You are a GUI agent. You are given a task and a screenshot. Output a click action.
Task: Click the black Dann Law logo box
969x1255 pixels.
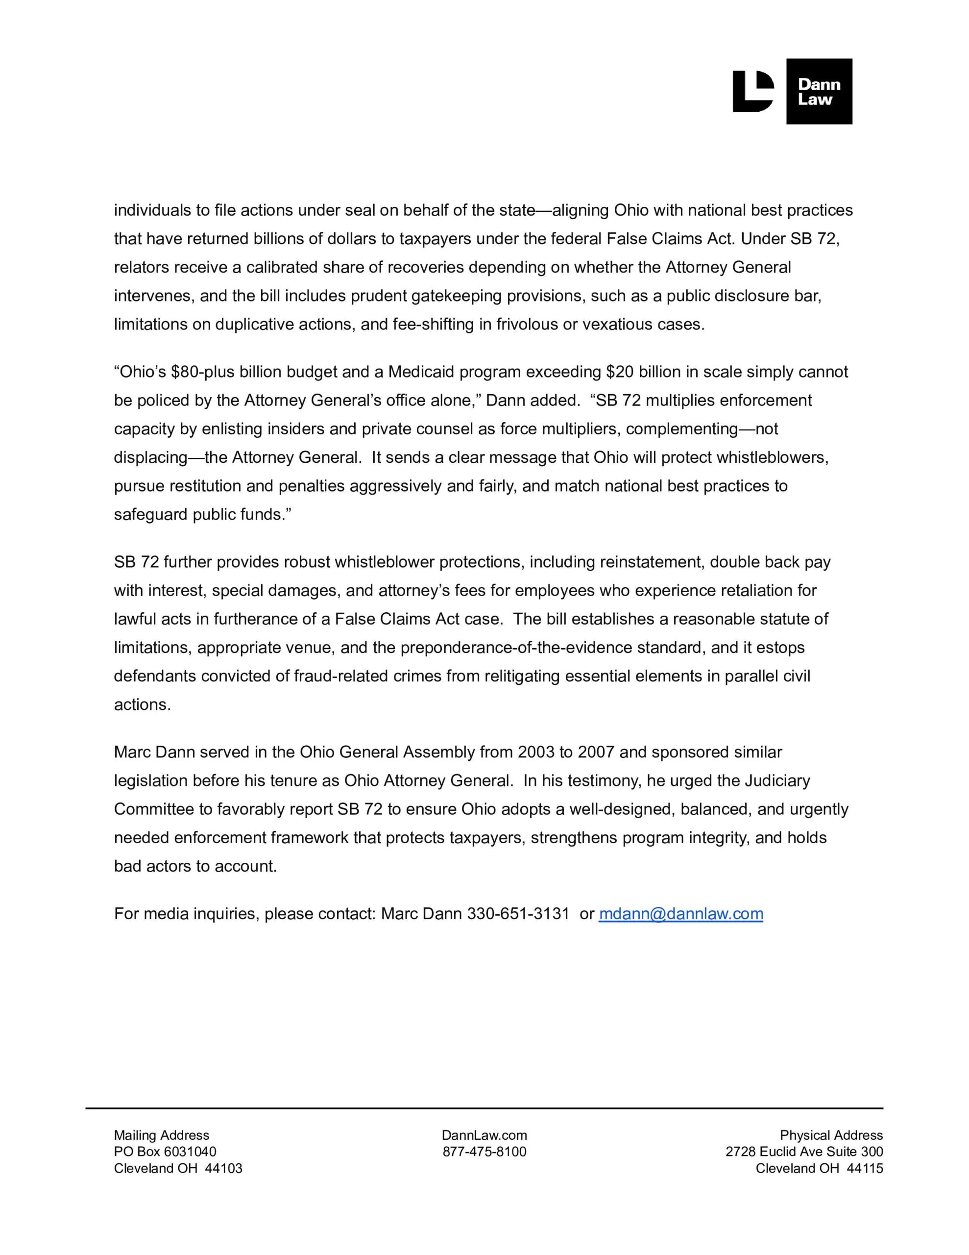[819, 91]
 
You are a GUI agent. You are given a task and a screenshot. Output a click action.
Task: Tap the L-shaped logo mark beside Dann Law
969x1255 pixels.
[752, 91]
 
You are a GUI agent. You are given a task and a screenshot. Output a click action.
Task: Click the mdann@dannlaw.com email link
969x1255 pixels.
[680, 914]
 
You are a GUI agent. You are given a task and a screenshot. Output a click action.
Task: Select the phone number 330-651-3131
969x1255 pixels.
[518, 914]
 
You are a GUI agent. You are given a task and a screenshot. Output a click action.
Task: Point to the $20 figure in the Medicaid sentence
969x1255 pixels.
[620, 372]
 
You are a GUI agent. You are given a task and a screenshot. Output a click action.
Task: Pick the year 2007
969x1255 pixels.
[597, 752]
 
